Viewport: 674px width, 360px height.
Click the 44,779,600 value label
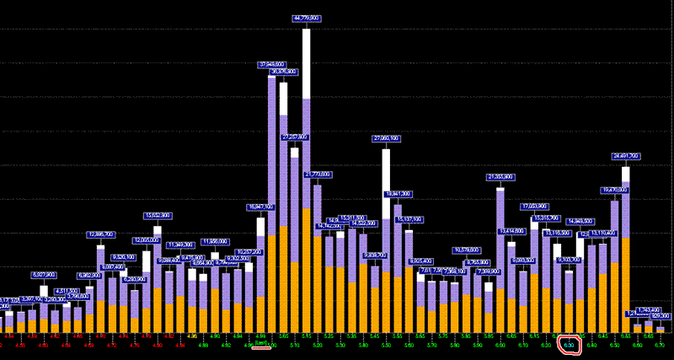(307, 18)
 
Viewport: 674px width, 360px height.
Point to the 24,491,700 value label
(625, 156)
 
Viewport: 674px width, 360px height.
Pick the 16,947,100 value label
(261, 207)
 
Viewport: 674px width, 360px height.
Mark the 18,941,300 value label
(399, 194)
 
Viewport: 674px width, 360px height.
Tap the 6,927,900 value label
(44, 275)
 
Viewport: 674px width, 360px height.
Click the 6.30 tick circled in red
(569, 345)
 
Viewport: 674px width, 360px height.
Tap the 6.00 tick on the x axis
(500, 345)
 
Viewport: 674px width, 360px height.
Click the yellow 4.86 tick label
(193, 336)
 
